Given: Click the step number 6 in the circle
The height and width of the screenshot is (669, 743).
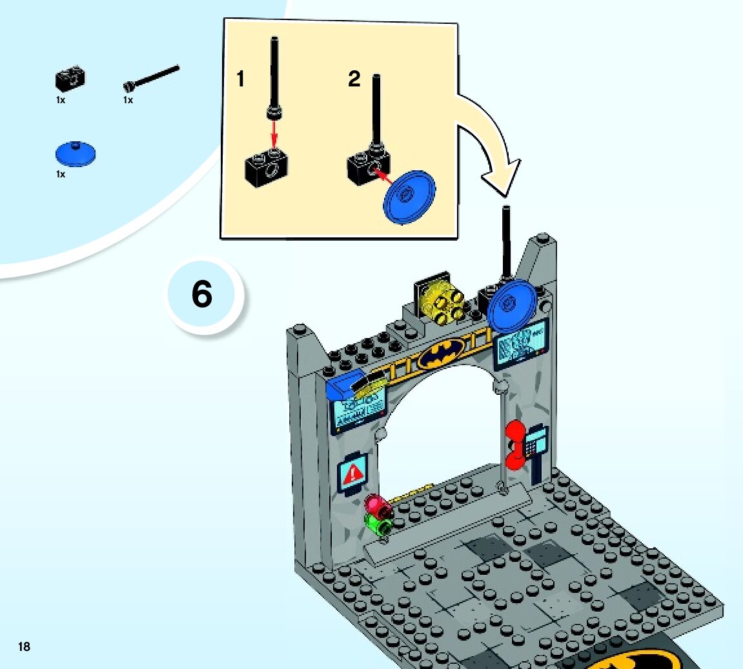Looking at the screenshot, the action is pos(202,295).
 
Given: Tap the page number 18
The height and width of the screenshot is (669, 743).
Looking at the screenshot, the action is pos(24,646).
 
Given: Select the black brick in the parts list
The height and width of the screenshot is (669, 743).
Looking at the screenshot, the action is pos(70,79).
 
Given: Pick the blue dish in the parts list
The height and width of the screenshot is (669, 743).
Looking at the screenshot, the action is pos(76,153).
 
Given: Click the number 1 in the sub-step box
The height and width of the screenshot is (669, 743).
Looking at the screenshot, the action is pos(241,79).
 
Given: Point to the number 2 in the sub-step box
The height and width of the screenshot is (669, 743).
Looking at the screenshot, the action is pos(354,79).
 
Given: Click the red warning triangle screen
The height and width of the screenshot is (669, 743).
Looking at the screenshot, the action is pos(353,474).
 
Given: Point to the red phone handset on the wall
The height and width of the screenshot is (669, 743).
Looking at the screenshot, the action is pos(514,444).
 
